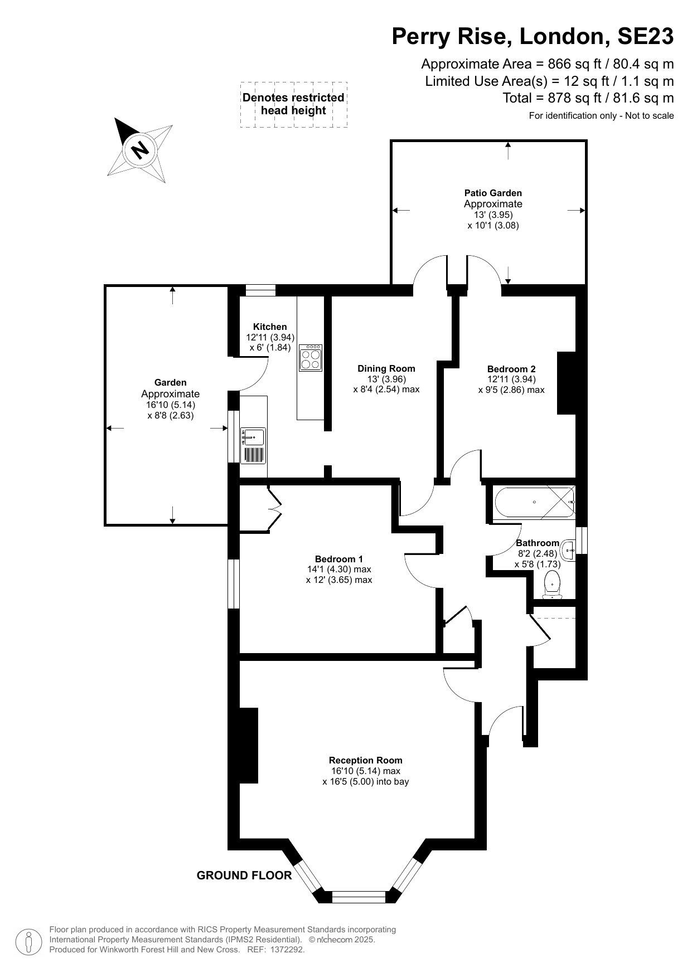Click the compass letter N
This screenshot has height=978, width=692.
click(x=141, y=149)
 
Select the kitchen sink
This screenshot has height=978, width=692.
click(x=254, y=437)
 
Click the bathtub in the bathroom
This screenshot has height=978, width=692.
click(x=534, y=502)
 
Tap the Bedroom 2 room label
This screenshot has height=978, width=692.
click(x=511, y=369)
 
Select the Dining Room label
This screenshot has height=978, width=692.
click(x=386, y=368)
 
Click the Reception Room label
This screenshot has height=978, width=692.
click(x=365, y=760)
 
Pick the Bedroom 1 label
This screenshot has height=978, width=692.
click(x=339, y=559)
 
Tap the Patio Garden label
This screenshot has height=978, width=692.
click(x=493, y=193)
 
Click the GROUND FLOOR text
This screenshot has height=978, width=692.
click(x=244, y=875)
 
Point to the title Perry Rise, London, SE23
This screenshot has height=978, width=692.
click(x=533, y=37)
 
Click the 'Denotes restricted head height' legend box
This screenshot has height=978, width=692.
click(x=293, y=104)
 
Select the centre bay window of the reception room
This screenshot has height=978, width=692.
click(x=359, y=897)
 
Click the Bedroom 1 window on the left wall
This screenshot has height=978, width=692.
click(x=234, y=583)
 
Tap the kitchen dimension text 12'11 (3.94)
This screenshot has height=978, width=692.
click(x=270, y=337)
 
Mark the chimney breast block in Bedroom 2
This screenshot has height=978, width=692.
click(x=567, y=383)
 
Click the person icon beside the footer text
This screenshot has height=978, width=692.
click(x=28, y=941)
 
